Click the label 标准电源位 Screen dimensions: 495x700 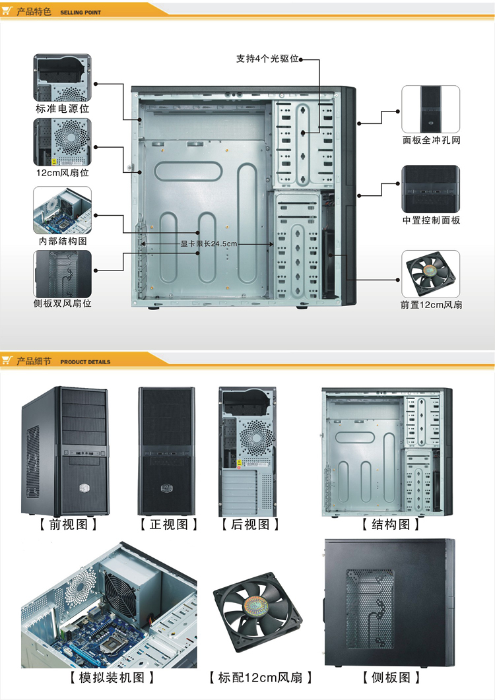pyautogui.click(x=63, y=108)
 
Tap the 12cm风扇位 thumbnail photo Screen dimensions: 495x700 pyautogui.click(x=63, y=142)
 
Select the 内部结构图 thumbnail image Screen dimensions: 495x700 pyautogui.click(x=63, y=210)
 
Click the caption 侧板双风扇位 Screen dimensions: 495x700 pyautogui.click(x=63, y=303)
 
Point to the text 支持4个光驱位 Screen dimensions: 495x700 pyautogui.click(x=267, y=59)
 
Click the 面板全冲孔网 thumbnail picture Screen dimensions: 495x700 pyautogui.click(x=431, y=109)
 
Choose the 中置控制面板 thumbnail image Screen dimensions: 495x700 pyautogui.click(x=431, y=189)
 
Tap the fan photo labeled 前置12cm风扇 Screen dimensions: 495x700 pyautogui.click(x=431, y=274)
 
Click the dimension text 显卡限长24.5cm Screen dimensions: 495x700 pyautogui.click(x=209, y=243)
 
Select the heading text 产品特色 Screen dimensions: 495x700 pyautogui.click(x=34, y=11)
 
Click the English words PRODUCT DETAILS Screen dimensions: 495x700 pyautogui.click(x=85, y=362)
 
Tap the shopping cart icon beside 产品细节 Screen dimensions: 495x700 pyautogui.click(x=7, y=360)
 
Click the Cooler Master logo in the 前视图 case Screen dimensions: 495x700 pyautogui.click(x=85, y=488)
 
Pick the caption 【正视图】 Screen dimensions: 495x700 pyautogui.click(x=168, y=525)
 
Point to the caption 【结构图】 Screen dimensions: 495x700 pyautogui.click(x=391, y=525)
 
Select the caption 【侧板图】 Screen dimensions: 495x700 pyautogui.click(x=391, y=678)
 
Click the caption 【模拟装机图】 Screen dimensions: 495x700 pyautogui.click(x=112, y=678)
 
